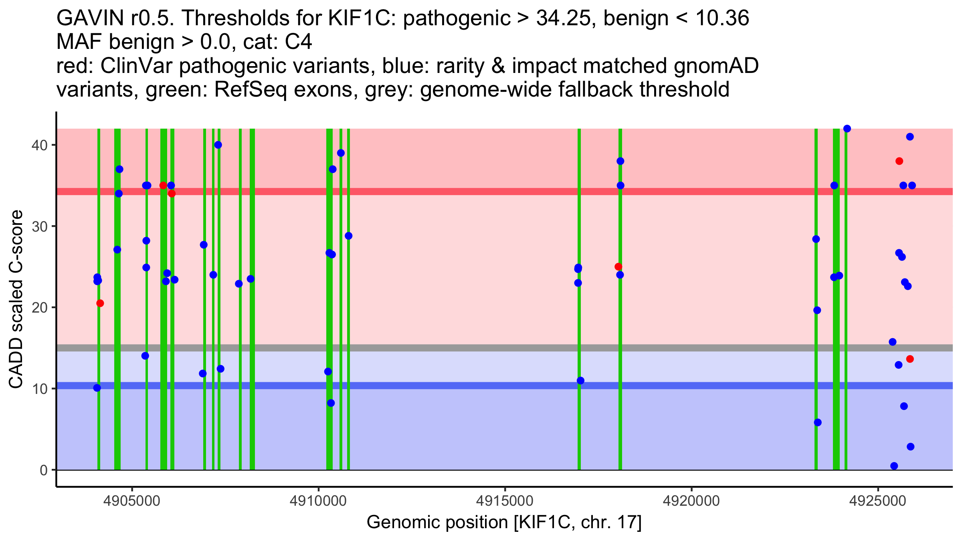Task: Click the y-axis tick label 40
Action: click(x=38, y=145)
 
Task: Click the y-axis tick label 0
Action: click(x=43, y=470)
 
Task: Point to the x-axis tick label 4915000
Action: click(x=505, y=501)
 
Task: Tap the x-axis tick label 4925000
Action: click(x=878, y=501)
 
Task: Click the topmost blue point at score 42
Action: click(x=847, y=129)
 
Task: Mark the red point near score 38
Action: click(x=899, y=161)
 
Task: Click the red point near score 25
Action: click(x=618, y=267)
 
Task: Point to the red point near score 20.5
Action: click(x=100, y=303)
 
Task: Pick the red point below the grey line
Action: click(x=910, y=359)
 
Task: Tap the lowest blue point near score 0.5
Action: click(x=894, y=466)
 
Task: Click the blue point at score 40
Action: click(x=218, y=145)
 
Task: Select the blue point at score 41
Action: click(x=910, y=137)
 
